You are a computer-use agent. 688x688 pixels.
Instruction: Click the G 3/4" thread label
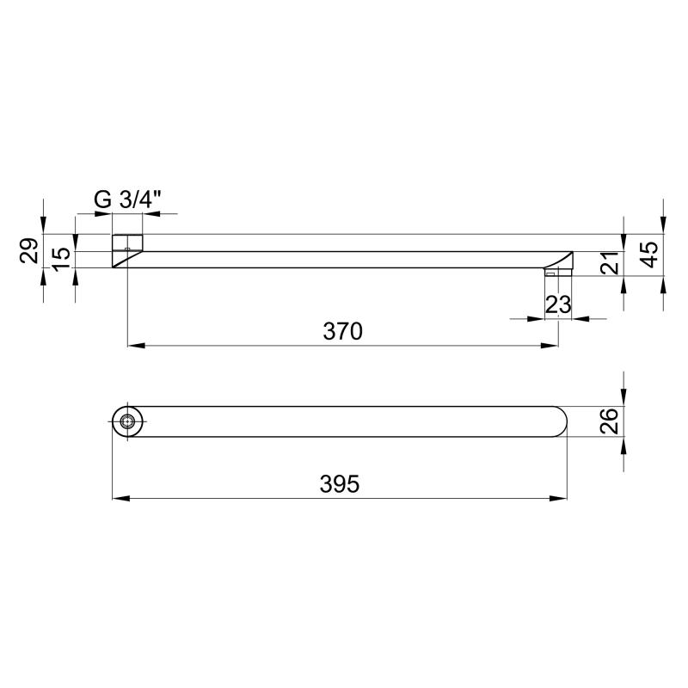click(127, 200)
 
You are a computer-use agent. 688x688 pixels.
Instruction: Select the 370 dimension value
click(342, 331)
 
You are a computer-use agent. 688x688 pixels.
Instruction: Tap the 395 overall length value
click(340, 484)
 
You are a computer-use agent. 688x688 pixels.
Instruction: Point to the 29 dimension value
click(29, 250)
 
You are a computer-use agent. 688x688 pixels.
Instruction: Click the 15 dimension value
click(61, 259)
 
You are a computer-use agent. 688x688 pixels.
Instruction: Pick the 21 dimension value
click(610, 263)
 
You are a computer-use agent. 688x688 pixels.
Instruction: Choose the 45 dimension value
click(649, 255)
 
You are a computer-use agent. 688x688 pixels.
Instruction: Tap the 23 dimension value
click(558, 304)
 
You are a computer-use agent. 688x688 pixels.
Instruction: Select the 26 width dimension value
click(610, 421)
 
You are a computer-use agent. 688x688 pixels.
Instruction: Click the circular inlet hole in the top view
click(127, 421)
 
